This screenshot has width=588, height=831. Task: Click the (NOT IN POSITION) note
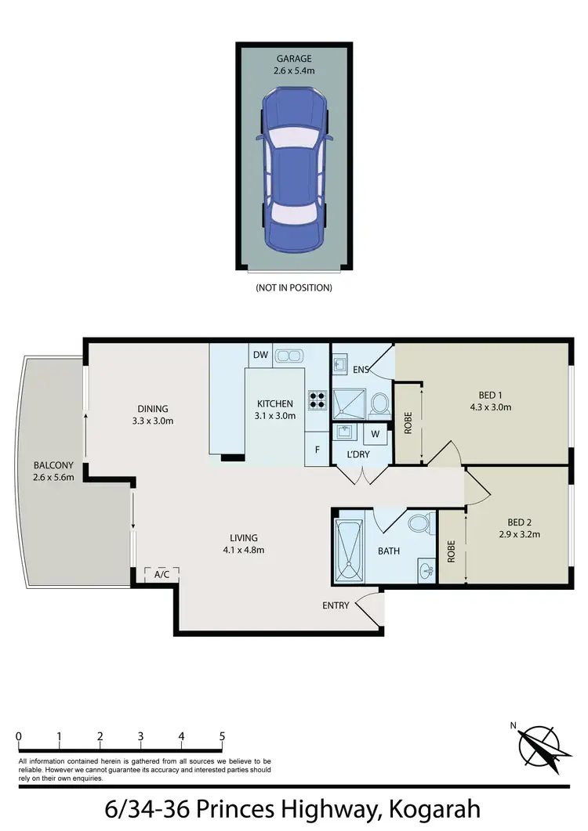[294, 287]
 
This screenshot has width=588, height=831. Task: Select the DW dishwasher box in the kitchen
[260, 356]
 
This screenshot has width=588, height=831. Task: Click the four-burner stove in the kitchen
[318, 400]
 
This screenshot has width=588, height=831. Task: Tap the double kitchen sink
[288, 356]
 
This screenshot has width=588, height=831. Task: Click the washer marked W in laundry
[375, 434]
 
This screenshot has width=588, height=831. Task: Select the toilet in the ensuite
[379, 404]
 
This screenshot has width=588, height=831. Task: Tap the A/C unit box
[162, 574]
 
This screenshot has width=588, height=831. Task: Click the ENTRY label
[336, 605]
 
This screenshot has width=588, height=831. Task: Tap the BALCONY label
[53, 464]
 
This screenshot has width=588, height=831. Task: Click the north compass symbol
[538, 746]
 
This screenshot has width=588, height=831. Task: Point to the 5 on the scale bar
[223, 736]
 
